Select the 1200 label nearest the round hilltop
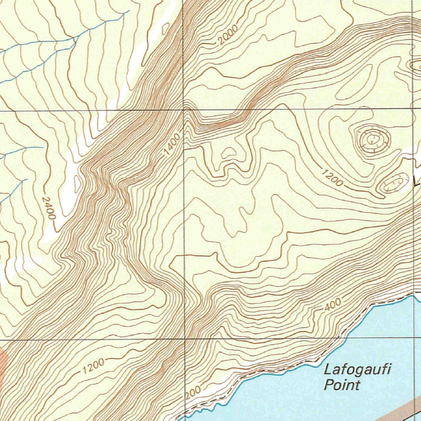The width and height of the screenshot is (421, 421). (x=331, y=178)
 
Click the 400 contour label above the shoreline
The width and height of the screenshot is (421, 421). (x=333, y=305)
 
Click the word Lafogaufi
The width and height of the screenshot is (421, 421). (x=356, y=369)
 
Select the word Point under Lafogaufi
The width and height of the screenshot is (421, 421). (x=342, y=385)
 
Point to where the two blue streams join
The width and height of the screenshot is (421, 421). (x=75, y=39)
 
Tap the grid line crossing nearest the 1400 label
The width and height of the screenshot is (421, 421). (x=184, y=110)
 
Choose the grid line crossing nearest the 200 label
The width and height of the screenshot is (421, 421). (x=184, y=340)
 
